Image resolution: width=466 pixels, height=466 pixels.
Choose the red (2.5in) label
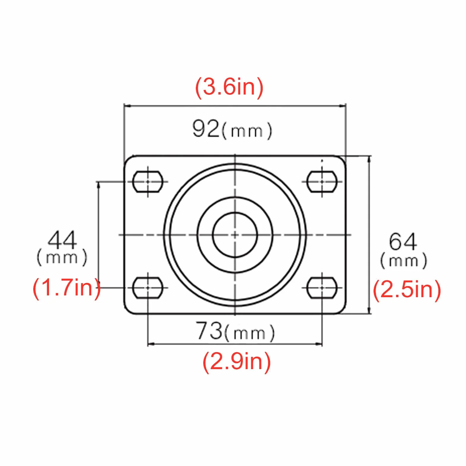point(407,290)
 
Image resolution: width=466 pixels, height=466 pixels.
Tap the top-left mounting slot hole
point(148,182)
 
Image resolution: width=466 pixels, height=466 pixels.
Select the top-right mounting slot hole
point(322,182)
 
